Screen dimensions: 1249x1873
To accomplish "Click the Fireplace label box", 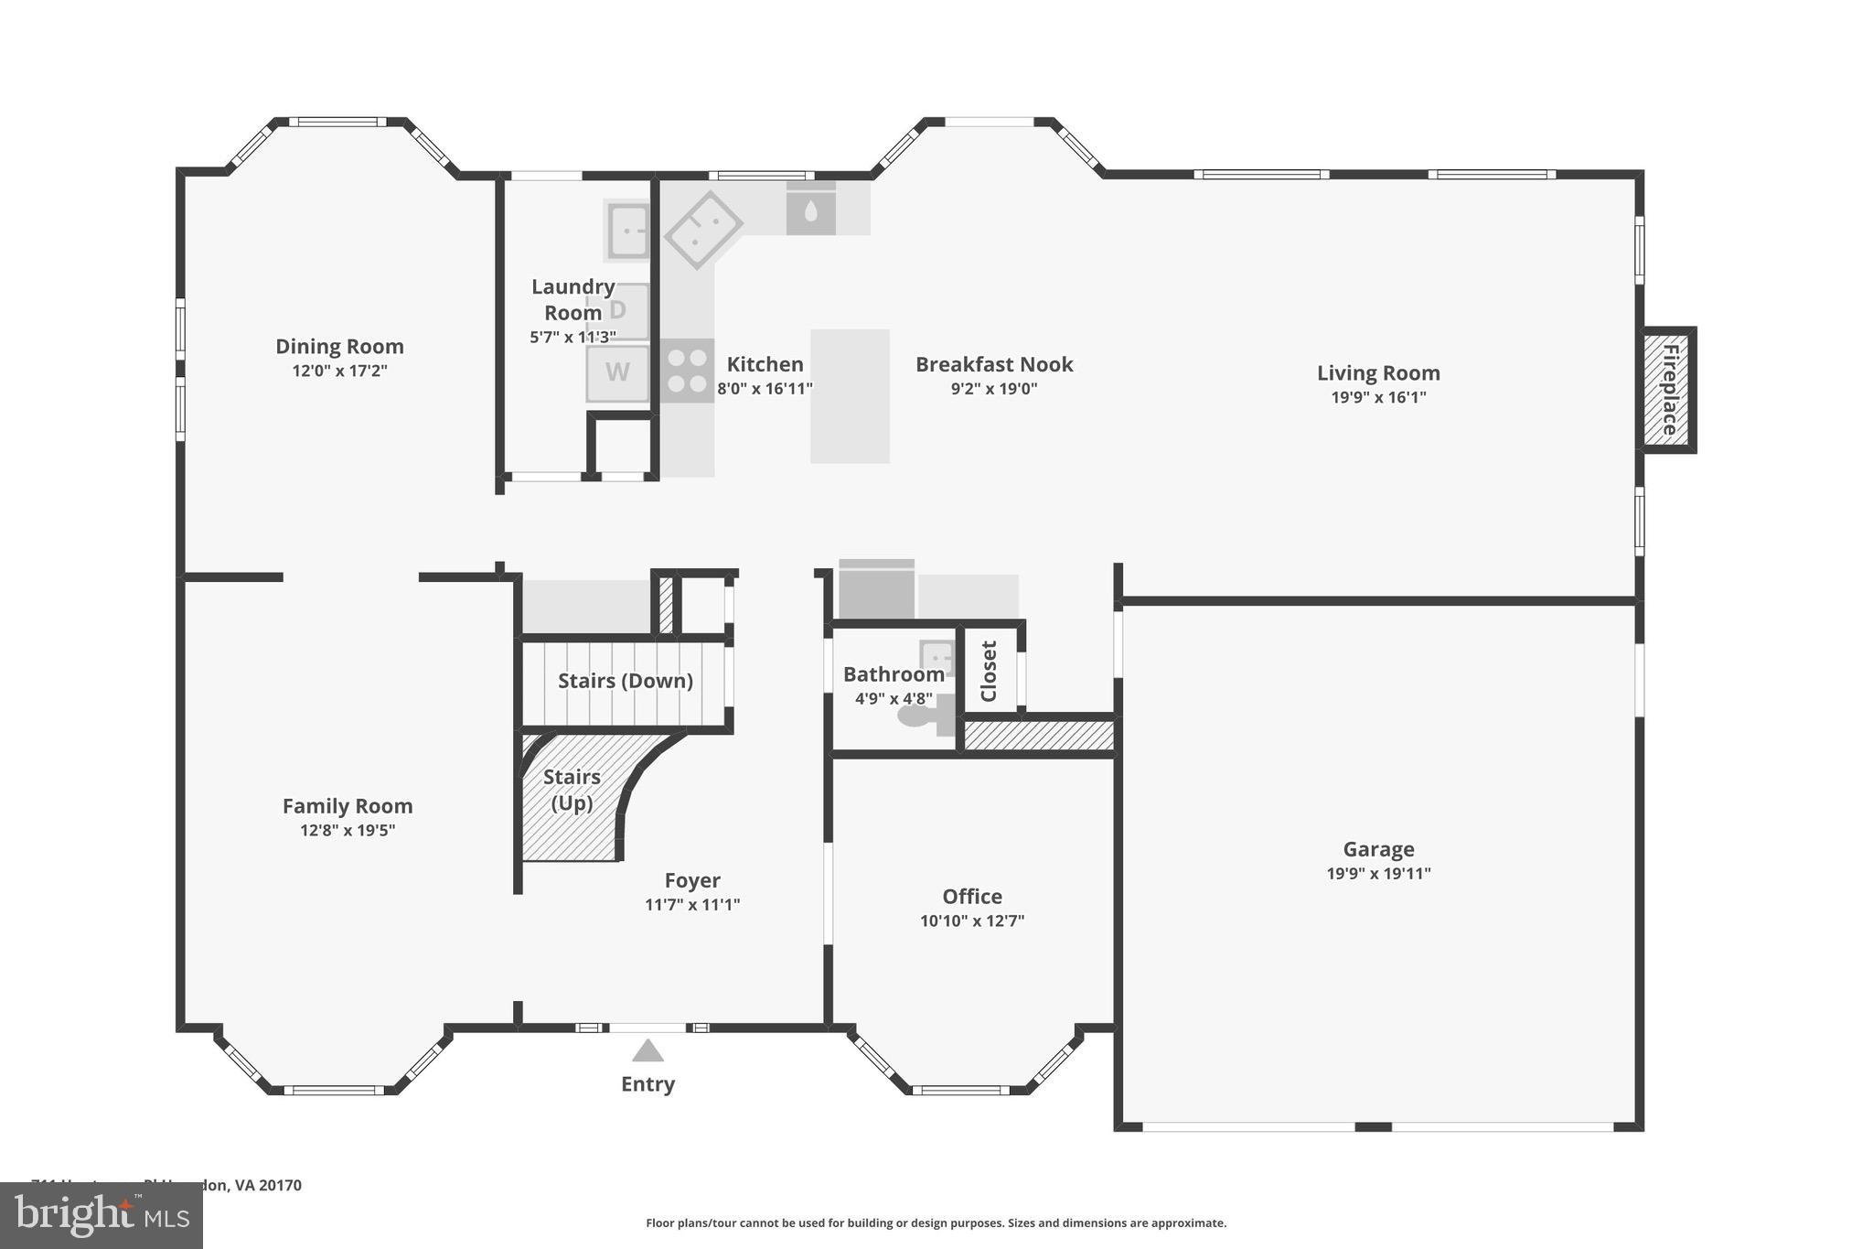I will tap(1669, 390).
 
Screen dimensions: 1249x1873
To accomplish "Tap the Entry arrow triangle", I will tap(648, 1051).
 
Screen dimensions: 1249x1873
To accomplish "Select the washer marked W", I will tap(618, 372).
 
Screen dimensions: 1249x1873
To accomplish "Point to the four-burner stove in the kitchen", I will tap(687, 370).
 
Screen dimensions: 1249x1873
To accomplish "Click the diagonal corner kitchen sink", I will tap(702, 229).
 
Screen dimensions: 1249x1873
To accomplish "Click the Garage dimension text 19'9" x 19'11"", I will tap(1378, 873).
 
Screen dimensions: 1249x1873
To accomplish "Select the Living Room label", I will tap(1378, 372).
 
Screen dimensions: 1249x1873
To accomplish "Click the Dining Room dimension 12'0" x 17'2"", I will tap(339, 371).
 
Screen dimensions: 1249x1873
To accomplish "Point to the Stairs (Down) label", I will tap(626, 681).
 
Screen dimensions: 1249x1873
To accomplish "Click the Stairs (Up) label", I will tap(572, 790).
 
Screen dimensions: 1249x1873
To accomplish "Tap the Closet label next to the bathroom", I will tap(989, 671).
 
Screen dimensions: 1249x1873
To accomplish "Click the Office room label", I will tap(972, 896).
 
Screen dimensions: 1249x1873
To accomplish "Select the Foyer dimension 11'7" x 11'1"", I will tap(692, 904).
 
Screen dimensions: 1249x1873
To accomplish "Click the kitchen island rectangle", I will tap(850, 396).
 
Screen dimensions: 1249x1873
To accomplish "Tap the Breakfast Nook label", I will tap(994, 364).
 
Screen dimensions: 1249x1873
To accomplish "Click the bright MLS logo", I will tap(101, 1215).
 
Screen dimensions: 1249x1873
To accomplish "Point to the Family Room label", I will tap(348, 806).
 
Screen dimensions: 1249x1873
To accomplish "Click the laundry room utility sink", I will tap(628, 231).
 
